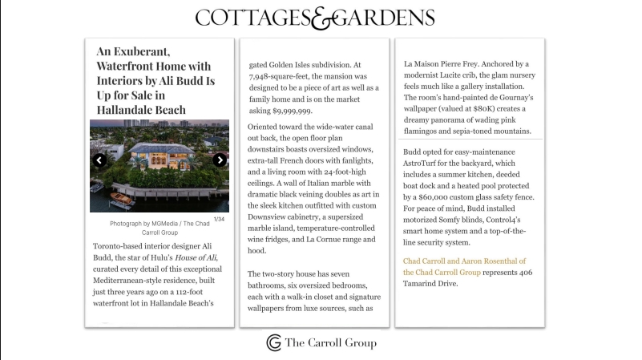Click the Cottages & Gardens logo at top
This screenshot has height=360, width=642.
(315, 18)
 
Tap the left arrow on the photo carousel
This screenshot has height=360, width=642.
(99, 160)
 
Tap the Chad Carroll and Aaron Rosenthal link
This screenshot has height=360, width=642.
(464, 261)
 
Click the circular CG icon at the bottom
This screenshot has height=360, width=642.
(274, 342)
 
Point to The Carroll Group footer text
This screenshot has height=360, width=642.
(330, 343)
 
